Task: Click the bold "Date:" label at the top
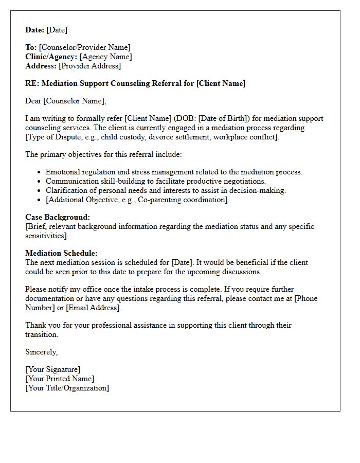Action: pyautogui.click(x=35, y=30)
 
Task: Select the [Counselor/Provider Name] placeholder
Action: pyautogui.click(x=85, y=48)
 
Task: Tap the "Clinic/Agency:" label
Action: pyautogui.click(x=51, y=57)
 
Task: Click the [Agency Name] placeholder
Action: pyautogui.click(x=105, y=57)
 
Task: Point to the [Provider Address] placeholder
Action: pyautogui.click(x=89, y=66)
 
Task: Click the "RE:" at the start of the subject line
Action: pyautogui.click(x=32, y=83)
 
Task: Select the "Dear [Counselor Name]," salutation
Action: pyautogui.click(x=65, y=101)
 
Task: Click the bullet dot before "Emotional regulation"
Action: pyautogui.click(x=40, y=172)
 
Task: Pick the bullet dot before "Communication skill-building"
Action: pyautogui.click(x=40, y=182)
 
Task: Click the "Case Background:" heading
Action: pyautogui.click(x=58, y=217)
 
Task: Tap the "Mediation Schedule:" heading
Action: pyautogui.click(x=61, y=253)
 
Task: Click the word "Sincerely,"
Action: pyautogui.click(x=42, y=352)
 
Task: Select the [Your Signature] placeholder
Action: pyautogui.click(x=53, y=369)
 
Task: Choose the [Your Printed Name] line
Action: pyautogui.click(x=60, y=379)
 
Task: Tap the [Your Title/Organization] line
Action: pyautogui.click(x=67, y=388)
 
